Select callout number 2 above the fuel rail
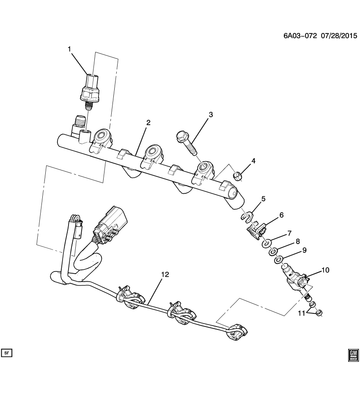point(148,123)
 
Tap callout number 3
point(210,115)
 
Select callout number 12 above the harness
point(165,274)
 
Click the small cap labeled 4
point(238,175)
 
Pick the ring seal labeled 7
point(267,243)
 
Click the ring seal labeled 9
point(278,260)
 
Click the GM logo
point(353,354)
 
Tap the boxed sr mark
point(7,352)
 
